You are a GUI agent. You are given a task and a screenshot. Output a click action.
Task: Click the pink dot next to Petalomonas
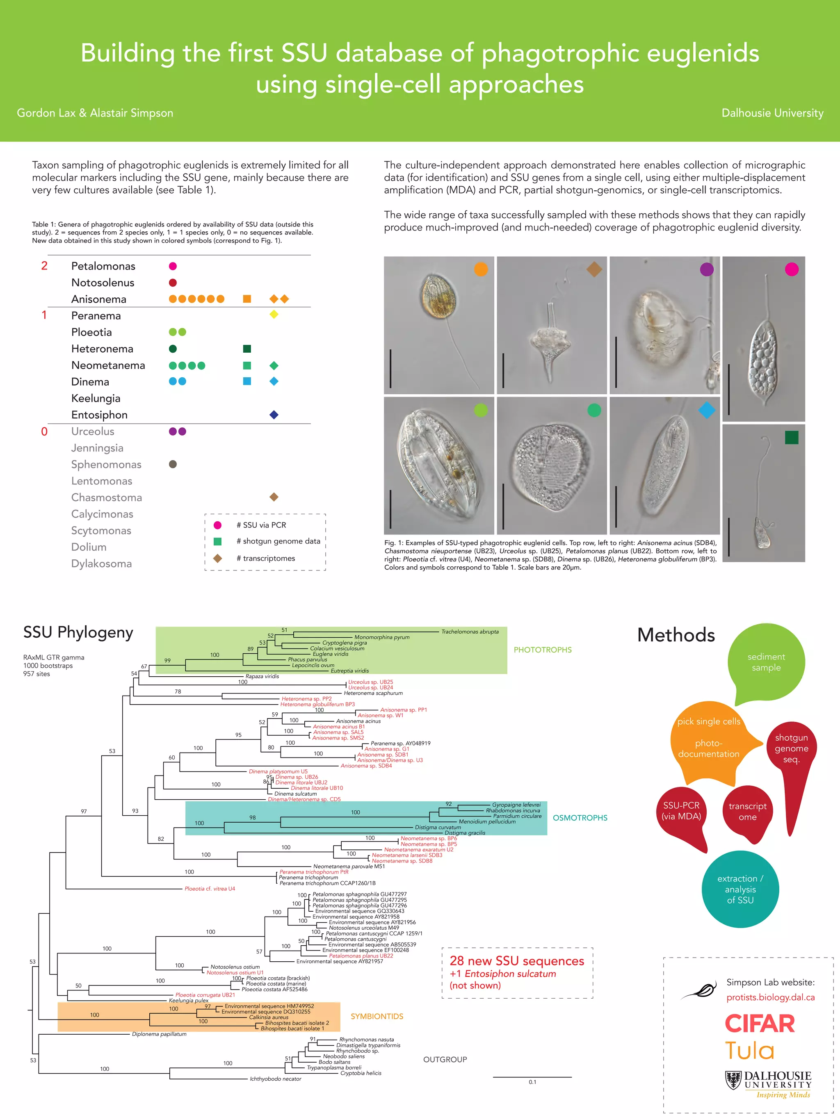[x=173, y=266]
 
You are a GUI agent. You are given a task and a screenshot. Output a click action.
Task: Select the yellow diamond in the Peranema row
[x=274, y=315]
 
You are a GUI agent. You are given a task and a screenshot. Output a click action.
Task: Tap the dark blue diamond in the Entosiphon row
[x=274, y=415]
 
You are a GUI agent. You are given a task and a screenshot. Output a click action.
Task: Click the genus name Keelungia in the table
[x=96, y=399]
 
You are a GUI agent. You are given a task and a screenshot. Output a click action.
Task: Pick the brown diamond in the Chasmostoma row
[x=274, y=497]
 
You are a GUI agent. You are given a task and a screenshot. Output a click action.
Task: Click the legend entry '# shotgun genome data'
[x=278, y=541]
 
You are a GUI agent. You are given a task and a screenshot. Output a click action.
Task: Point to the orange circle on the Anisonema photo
[x=481, y=269]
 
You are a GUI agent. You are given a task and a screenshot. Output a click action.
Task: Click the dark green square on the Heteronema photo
[x=791, y=438]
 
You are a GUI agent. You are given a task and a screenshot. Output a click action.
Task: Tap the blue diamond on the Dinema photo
[x=707, y=410]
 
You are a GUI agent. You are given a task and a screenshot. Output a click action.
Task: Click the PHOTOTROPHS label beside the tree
[x=542, y=650]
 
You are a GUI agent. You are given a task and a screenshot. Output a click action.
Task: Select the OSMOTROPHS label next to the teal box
[x=580, y=818]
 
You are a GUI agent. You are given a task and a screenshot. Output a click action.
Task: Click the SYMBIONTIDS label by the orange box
[x=377, y=1016]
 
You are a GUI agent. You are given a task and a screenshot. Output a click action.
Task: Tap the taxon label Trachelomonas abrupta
[x=470, y=632]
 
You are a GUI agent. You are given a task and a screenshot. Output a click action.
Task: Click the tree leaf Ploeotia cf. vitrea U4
[x=210, y=889]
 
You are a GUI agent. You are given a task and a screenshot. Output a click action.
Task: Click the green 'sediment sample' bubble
[x=766, y=662]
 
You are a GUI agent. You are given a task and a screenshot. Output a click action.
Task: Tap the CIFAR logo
[x=760, y=1023]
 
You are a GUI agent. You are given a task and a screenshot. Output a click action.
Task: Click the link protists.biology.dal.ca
[x=770, y=997]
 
